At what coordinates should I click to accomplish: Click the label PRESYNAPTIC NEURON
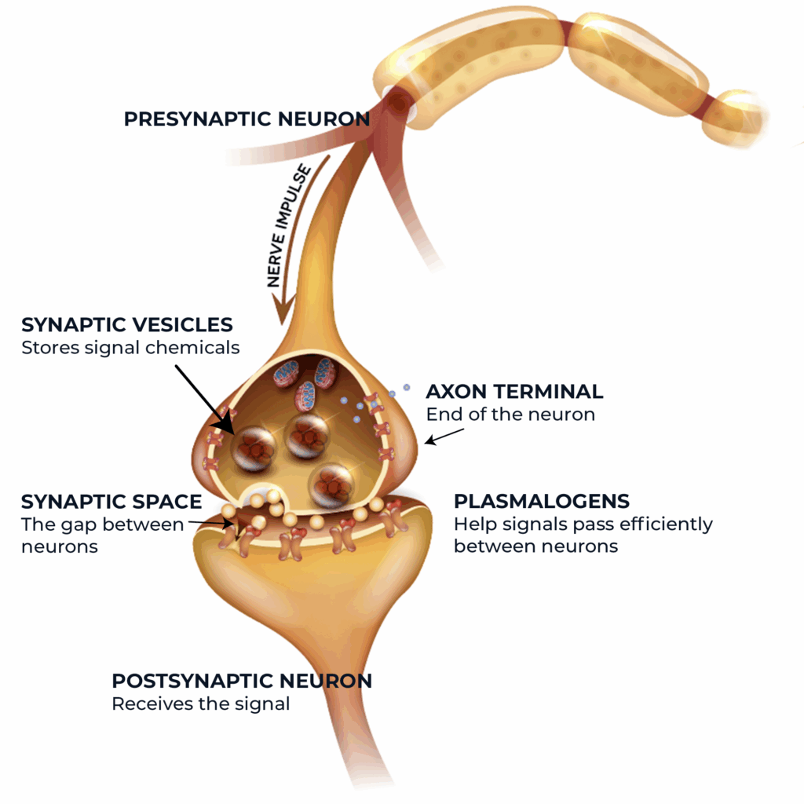(x=247, y=119)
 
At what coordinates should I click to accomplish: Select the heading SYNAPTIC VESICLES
(x=127, y=325)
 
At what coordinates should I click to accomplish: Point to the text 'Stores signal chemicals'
(x=130, y=347)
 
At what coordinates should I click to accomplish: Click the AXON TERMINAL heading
(x=514, y=391)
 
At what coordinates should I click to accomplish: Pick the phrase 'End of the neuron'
(x=510, y=414)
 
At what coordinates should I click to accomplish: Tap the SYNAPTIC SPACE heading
(x=111, y=502)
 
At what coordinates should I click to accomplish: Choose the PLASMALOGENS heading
(x=542, y=501)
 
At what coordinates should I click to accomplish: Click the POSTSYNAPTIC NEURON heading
(x=242, y=681)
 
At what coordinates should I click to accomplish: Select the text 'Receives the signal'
(x=201, y=703)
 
